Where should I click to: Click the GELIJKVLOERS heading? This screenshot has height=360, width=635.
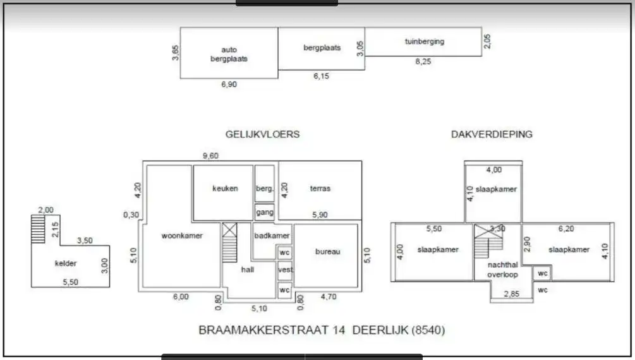pos(262,135)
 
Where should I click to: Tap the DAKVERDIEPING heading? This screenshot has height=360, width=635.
pos(492,135)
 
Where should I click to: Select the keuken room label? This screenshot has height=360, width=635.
pos(226,188)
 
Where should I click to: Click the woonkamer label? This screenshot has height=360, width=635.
pos(181,236)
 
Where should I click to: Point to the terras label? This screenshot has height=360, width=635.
pos(320,188)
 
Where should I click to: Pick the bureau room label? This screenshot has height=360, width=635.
pos(327,251)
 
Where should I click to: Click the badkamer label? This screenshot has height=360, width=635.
pos(272,236)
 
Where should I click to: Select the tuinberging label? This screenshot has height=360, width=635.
pos(425,42)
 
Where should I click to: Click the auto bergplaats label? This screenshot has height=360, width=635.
pos(229,54)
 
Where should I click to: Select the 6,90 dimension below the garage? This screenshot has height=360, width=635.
pos(229,85)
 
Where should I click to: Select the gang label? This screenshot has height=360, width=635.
pos(265,212)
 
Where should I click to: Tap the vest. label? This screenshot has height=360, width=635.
pos(285,270)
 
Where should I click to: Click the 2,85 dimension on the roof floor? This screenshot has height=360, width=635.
pos(512,294)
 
